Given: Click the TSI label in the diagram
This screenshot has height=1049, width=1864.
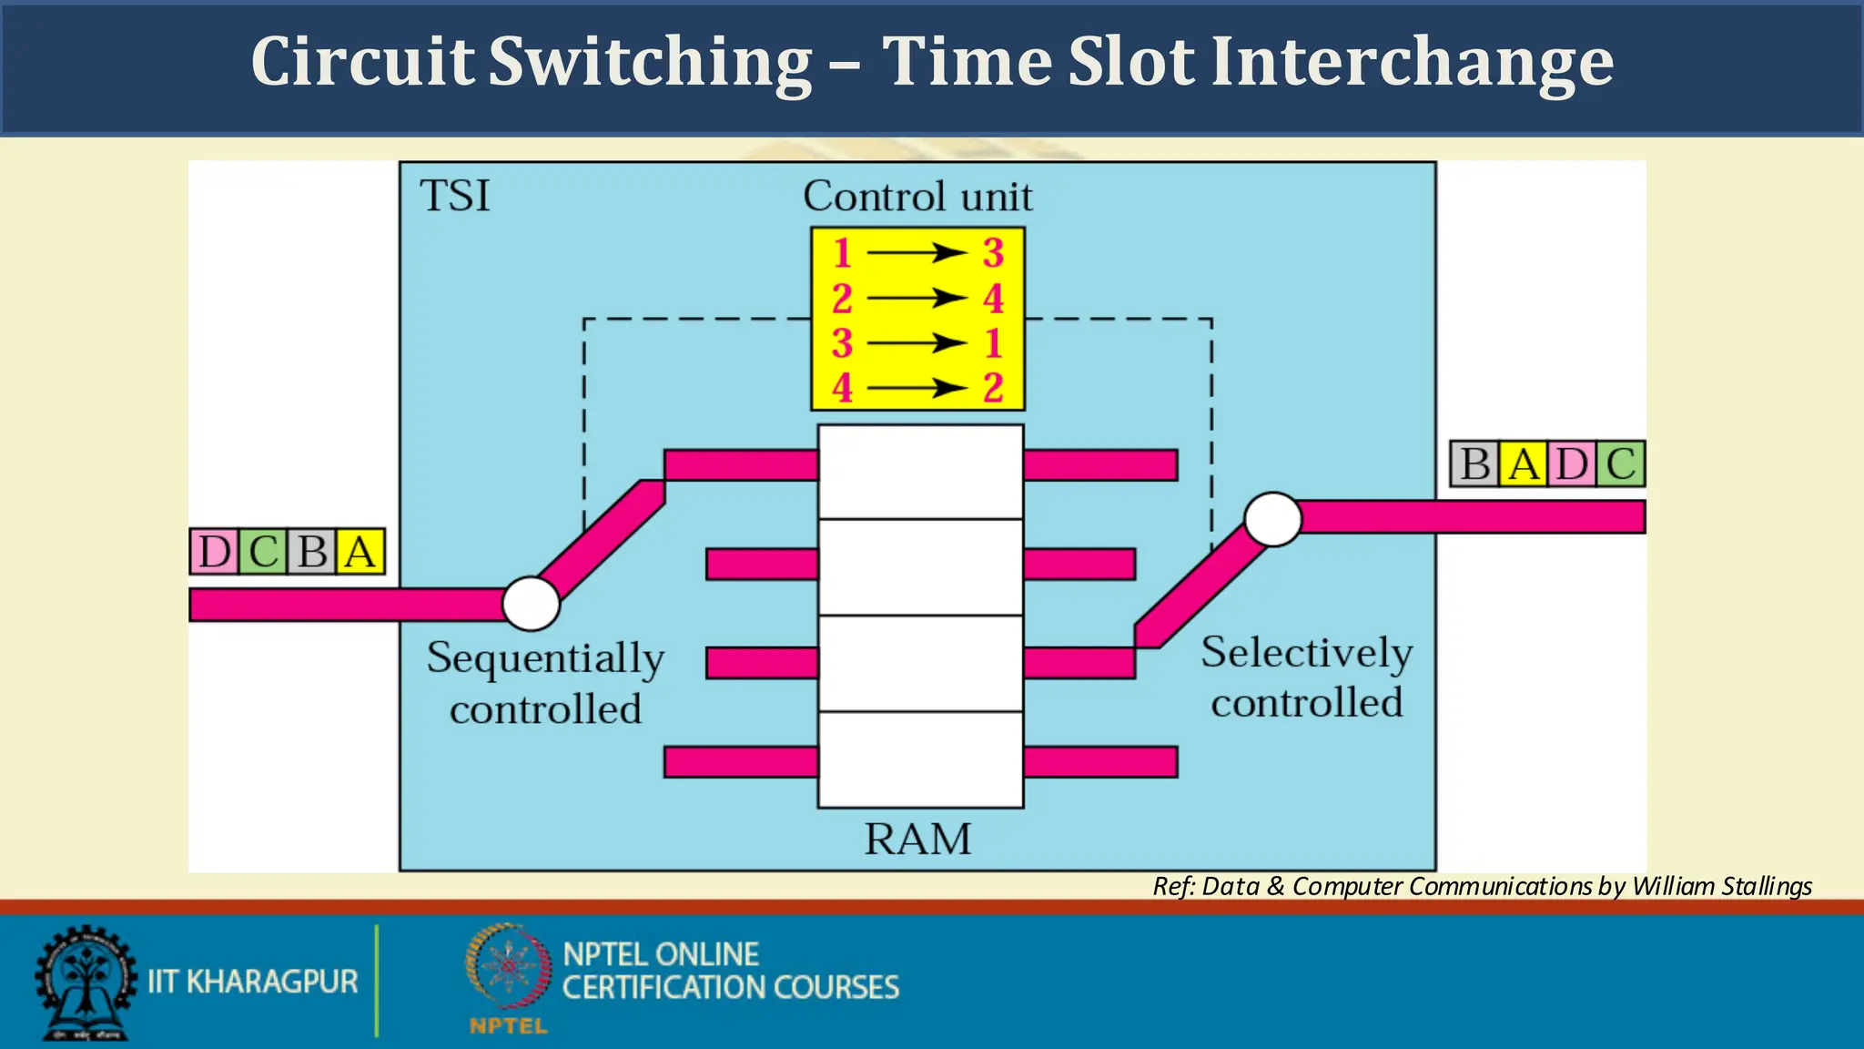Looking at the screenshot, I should (455, 196).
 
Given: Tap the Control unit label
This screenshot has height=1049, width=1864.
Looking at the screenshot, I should (917, 197).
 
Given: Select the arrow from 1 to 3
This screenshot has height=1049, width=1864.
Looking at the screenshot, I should (917, 252).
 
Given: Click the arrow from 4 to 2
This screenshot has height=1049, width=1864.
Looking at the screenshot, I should (917, 389).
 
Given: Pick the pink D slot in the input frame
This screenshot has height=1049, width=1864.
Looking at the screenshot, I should (215, 552).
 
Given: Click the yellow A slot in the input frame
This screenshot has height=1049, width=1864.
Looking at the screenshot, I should (360, 552).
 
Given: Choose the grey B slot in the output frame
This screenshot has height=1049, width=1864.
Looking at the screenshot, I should (1474, 464).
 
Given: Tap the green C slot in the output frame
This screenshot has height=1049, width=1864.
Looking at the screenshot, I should (1621, 464).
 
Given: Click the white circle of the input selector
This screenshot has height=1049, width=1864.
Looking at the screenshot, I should (531, 604).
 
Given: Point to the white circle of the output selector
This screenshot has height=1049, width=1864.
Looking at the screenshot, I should (1272, 519).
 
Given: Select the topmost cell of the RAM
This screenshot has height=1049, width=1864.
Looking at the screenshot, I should (920, 473).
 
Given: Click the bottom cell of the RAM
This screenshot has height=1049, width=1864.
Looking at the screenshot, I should (920, 759).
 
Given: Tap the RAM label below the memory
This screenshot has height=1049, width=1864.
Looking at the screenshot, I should (917, 839).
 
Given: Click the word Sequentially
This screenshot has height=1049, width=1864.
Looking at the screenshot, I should (545, 658).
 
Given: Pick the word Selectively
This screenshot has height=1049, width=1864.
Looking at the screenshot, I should (1306, 653).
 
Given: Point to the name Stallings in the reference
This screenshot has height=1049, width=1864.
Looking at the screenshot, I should (1767, 886).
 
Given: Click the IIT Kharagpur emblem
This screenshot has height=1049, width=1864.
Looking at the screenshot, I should (85, 983).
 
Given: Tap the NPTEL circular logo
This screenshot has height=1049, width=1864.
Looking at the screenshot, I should (509, 967).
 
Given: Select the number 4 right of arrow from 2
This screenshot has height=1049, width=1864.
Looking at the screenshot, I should (993, 299).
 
